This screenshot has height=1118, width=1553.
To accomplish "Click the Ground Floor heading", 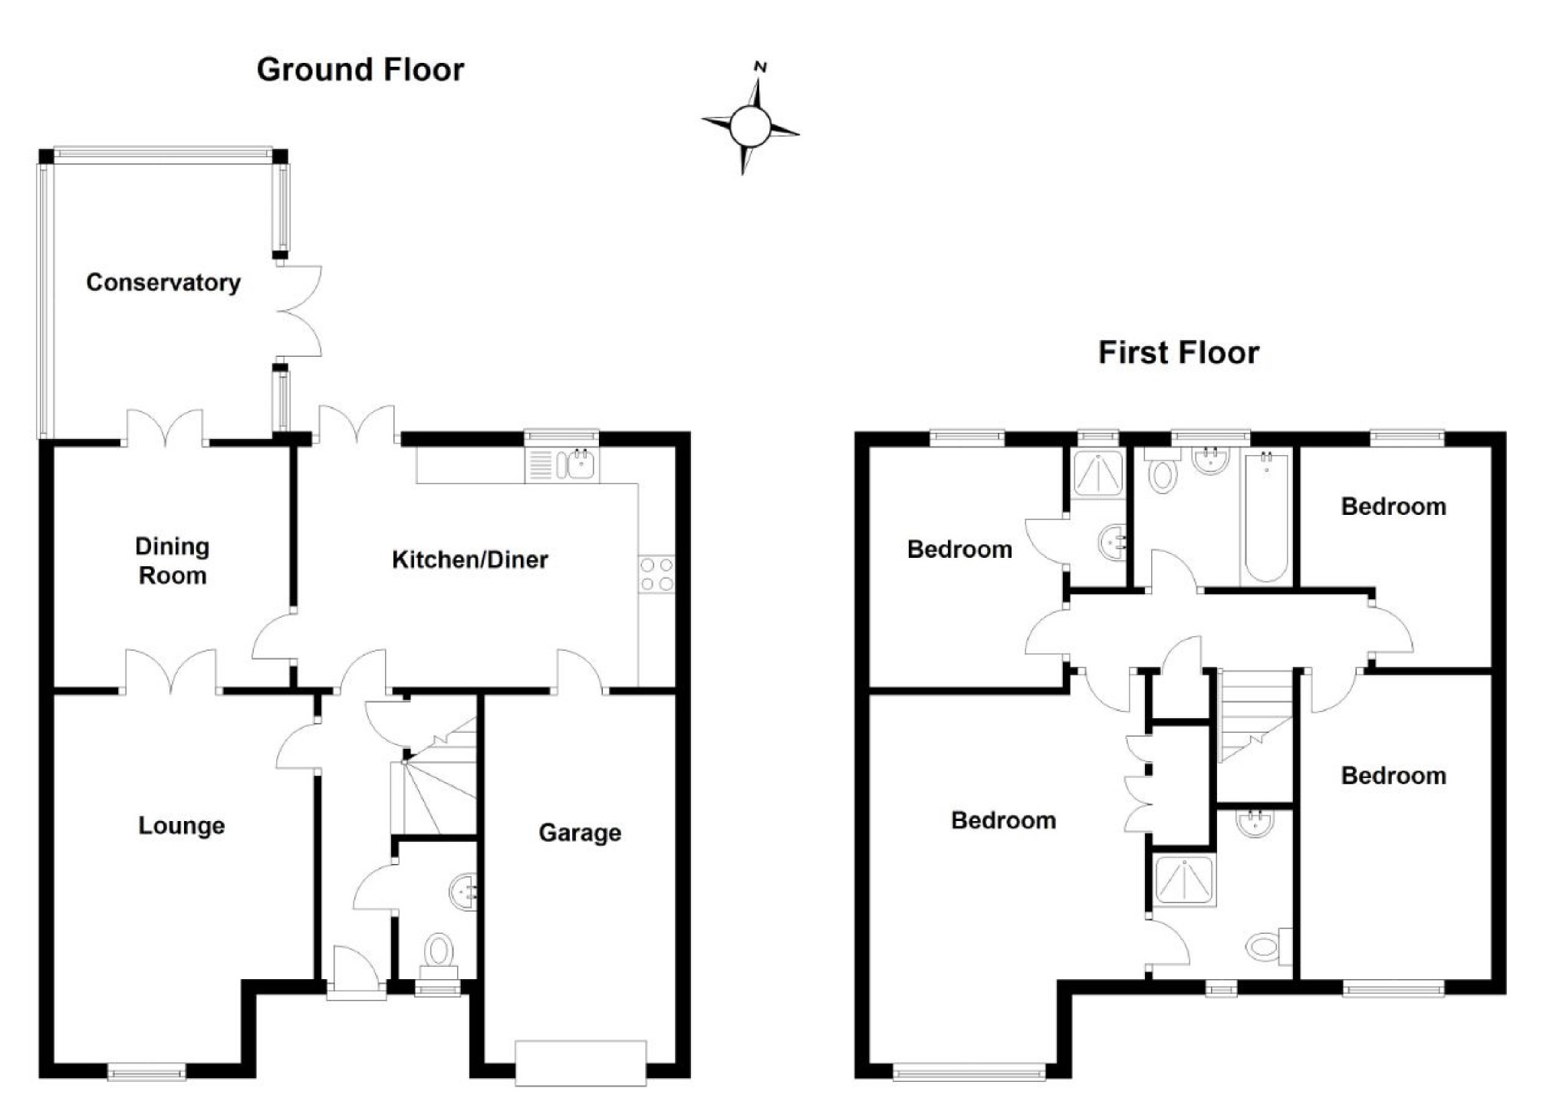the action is click(x=360, y=70).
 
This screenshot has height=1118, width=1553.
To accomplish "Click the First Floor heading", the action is click(x=1178, y=353).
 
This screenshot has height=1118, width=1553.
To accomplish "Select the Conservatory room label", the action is click(x=163, y=282).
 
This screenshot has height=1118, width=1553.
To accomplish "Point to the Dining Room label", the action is click(x=172, y=561).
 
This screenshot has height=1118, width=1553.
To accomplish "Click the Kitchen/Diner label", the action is click(x=469, y=559).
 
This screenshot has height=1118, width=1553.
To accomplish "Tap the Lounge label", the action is click(x=182, y=826).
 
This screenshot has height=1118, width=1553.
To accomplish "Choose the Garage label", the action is click(x=580, y=833).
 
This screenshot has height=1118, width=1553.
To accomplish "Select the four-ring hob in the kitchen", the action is click(x=656, y=575).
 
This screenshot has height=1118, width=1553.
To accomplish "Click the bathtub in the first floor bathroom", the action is click(x=1265, y=518).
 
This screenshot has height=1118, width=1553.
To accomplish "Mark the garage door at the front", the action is click(x=580, y=1062).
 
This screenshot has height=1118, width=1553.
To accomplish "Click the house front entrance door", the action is click(x=356, y=975).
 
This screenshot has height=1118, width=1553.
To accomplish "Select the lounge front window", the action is click(x=146, y=1071).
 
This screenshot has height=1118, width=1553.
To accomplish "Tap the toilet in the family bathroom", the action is click(x=1163, y=475).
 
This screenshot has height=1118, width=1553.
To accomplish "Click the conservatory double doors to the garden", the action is click(x=299, y=311).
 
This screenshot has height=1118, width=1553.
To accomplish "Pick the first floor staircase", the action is click(x=1255, y=714).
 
